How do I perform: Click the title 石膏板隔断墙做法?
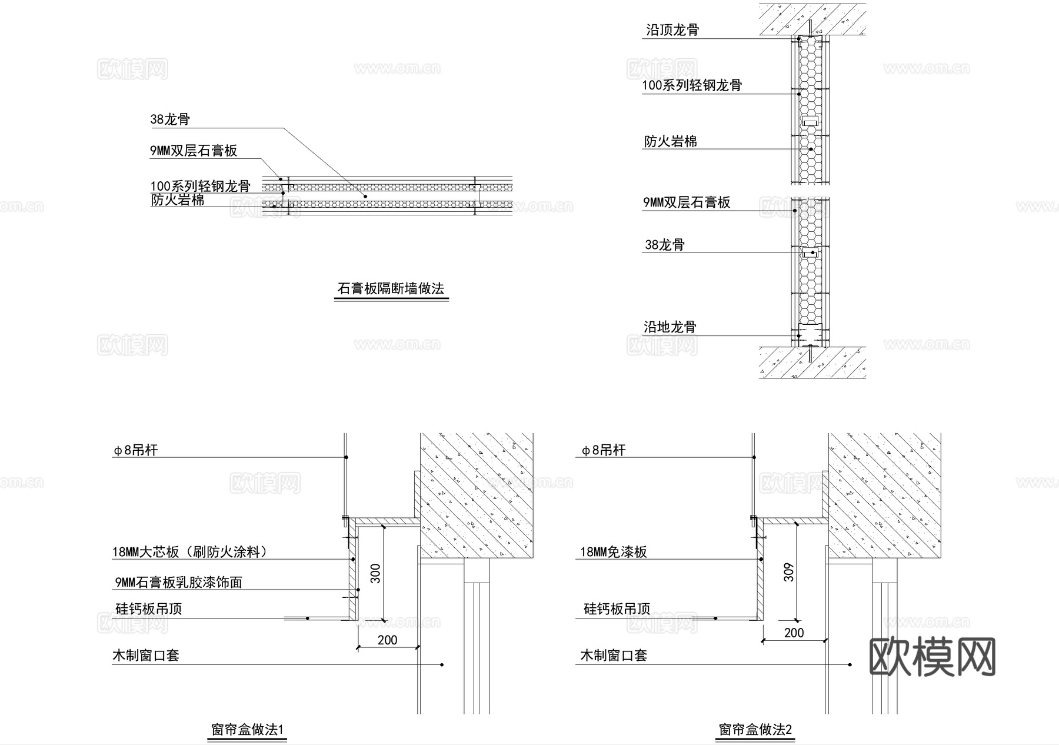(391, 289)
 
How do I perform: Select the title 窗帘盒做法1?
(247, 730)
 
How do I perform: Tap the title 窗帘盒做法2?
(755, 730)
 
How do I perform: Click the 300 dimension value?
(375, 573)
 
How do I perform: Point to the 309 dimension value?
(789, 572)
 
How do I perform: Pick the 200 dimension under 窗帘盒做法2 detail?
(794, 633)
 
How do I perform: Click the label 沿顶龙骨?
(672, 30)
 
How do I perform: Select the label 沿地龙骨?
(670, 327)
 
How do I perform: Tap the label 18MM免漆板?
(614, 552)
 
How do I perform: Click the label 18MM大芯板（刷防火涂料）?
(189, 552)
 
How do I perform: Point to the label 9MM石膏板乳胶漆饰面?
(178, 583)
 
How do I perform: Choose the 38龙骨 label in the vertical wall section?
(665, 245)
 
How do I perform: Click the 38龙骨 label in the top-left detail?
(170, 119)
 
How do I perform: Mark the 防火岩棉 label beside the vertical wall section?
(671, 141)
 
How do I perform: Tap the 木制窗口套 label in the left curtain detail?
(146, 656)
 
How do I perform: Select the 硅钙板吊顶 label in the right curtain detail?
(617, 609)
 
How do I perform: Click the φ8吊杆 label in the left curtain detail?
(136, 451)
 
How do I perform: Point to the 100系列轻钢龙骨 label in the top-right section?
(692, 85)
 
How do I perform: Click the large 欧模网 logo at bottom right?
(932, 657)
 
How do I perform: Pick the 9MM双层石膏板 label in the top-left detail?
(194, 151)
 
